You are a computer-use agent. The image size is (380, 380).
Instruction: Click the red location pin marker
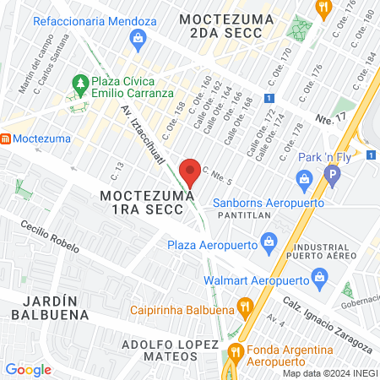pyautogui.click(x=190, y=171)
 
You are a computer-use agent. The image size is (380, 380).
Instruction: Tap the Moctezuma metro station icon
pyautogui.click(x=4, y=138)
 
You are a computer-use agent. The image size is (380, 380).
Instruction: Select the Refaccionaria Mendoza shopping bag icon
pyautogui.click(x=138, y=37)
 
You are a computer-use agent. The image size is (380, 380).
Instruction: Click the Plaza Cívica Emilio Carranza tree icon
pyautogui.click(x=81, y=84)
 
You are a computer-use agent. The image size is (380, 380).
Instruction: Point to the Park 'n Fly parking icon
pyautogui.click(x=332, y=177)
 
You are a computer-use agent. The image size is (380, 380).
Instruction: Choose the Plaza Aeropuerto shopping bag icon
pyautogui.click(x=268, y=242)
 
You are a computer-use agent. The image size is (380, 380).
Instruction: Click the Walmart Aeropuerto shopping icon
pyautogui.click(x=319, y=276)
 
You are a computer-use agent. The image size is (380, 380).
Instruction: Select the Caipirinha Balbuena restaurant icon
pyautogui.click(x=245, y=306)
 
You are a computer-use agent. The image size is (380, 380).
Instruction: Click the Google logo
pyautogui.click(x=28, y=369)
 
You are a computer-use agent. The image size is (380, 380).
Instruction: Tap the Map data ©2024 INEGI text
pyautogui.click(x=330, y=372)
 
